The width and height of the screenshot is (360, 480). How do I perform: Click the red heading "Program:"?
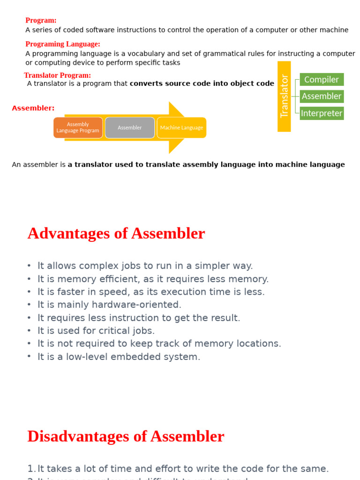point(41,21)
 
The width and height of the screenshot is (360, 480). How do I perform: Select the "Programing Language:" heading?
point(62,44)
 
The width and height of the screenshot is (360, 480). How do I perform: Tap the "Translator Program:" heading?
point(57,75)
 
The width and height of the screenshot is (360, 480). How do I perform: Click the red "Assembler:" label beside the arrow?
point(33,108)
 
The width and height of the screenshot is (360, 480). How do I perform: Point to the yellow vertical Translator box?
point(284,96)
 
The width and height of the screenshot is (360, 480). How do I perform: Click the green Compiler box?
point(322,80)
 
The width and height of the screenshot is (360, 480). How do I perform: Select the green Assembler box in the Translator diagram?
point(322,97)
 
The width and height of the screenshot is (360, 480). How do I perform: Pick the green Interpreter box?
point(322,113)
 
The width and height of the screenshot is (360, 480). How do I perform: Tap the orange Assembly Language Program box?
point(78,127)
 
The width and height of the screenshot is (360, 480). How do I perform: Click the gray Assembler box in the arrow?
point(130,127)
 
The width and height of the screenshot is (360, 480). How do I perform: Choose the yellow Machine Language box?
point(181,127)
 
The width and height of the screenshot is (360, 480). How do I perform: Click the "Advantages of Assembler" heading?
point(116,233)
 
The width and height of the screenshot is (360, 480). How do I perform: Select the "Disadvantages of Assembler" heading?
point(126,436)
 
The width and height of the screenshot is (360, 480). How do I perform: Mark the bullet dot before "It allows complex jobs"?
point(29,266)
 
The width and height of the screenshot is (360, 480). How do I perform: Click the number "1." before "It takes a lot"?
point(31,469)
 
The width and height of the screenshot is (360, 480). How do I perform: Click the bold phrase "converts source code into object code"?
point(202,84)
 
